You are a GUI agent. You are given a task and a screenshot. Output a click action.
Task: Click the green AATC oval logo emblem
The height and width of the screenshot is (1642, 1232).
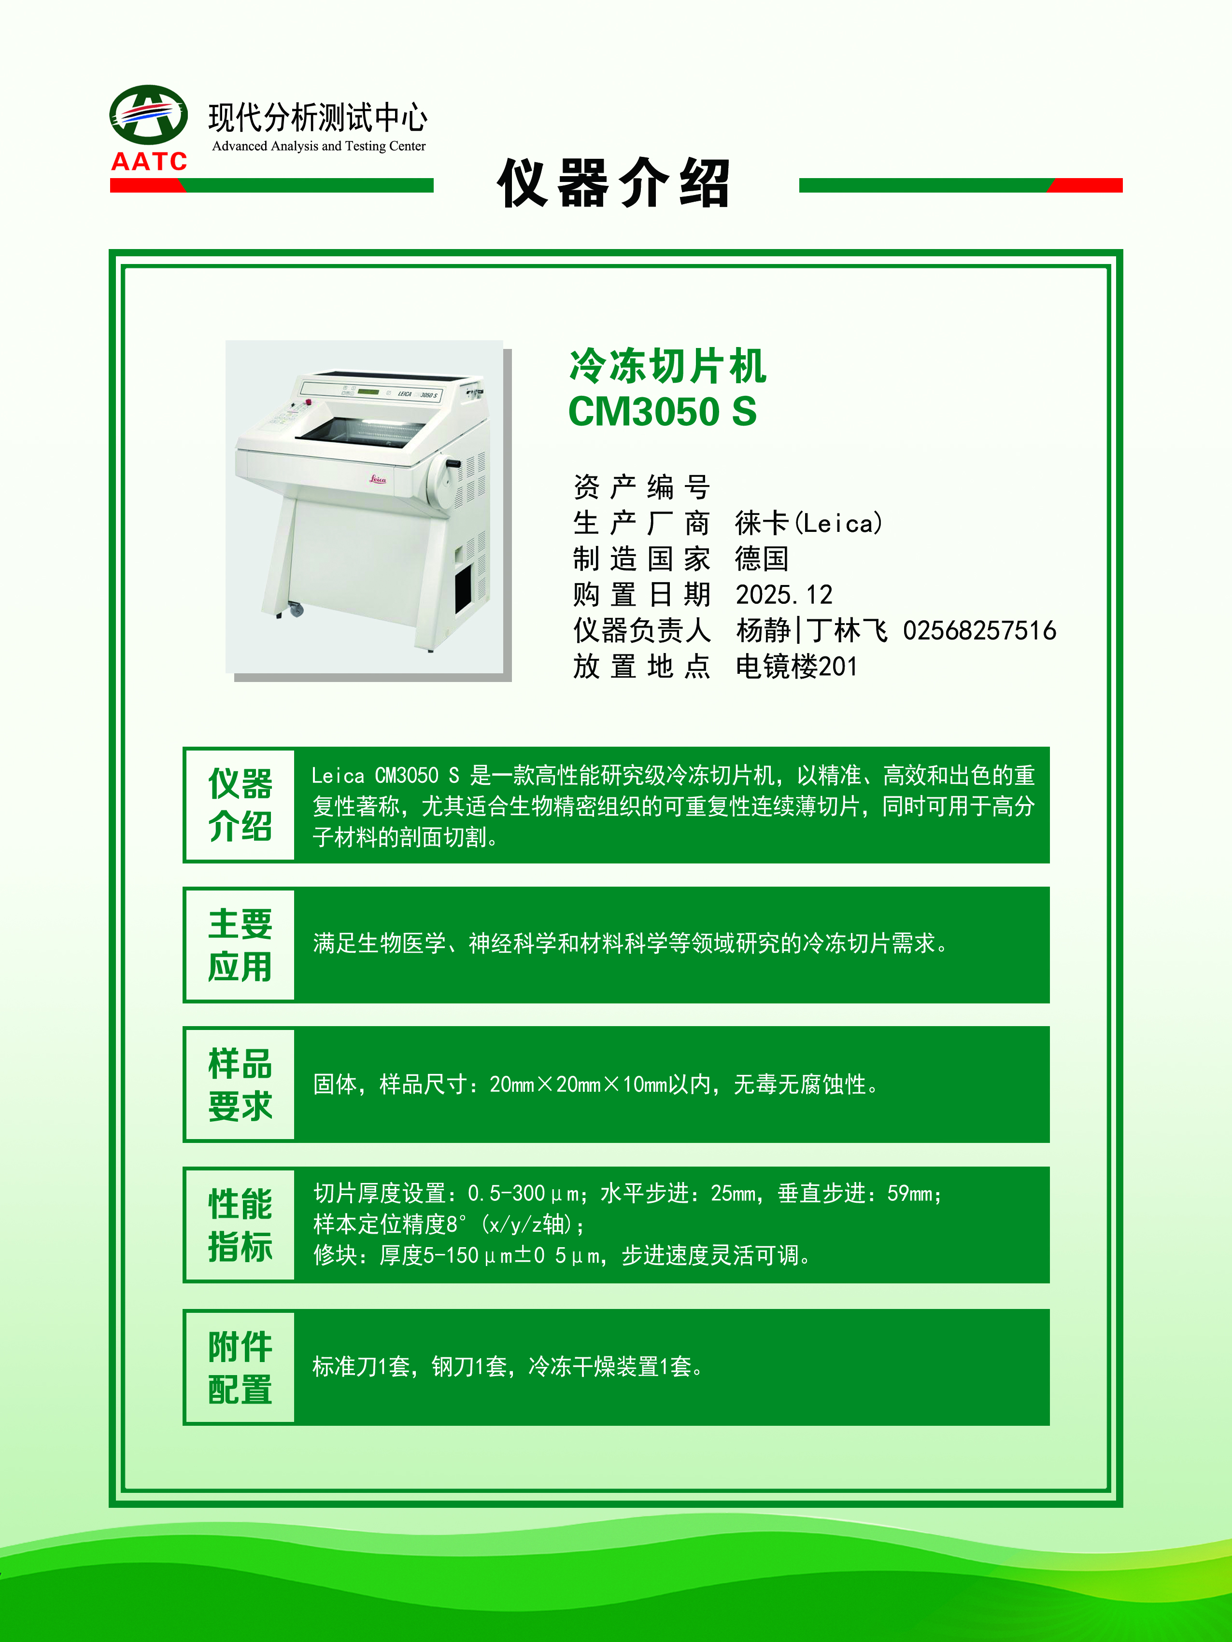coord(149,114)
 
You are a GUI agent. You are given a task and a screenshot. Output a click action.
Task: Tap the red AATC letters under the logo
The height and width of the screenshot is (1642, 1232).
coord(149,161)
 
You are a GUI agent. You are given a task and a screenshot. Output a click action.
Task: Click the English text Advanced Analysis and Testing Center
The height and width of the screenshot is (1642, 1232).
coord(319,146)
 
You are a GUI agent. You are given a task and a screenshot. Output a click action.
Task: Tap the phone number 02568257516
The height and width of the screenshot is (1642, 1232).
coord(979,630)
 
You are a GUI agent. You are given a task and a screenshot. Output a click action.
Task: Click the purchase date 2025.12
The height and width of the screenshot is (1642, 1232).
coord(784,595)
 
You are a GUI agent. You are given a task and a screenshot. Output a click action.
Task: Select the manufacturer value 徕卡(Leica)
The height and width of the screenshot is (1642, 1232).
coord(809,523)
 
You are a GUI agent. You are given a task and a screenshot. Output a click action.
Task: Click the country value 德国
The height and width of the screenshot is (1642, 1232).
coord(762,559)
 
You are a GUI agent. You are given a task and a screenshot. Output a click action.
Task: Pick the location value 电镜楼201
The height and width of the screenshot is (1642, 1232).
coord(796,667)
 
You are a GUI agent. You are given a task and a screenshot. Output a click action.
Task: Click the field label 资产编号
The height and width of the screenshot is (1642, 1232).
coord(642,487)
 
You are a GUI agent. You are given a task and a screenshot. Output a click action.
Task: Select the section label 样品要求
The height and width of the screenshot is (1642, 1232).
coord(240,1085)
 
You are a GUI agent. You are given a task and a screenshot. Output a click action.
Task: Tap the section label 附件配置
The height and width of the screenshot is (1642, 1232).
coord(240,1367)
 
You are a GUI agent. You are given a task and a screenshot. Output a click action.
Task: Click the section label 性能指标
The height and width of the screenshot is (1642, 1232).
coord(240,1225)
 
